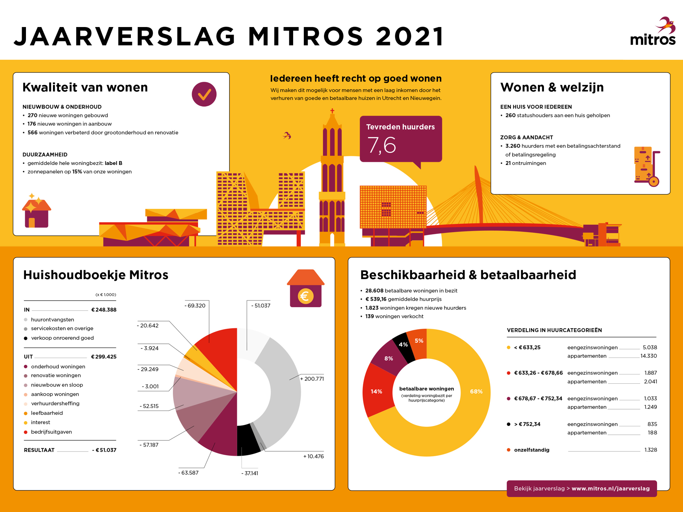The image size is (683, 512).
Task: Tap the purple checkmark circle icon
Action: click(204, 94)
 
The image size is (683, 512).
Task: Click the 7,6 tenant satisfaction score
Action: click(381, 145)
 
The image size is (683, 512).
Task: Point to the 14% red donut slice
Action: click(376, 391)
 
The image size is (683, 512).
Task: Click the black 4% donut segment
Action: click(403, 345)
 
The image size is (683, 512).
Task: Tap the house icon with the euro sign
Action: click(306, 288)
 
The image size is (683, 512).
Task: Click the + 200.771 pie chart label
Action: click(312, 379)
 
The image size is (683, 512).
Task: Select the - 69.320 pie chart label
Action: click(195, 305)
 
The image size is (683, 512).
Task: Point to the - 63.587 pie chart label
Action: click(189, 473)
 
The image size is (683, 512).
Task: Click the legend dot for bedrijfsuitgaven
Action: click(26, 432)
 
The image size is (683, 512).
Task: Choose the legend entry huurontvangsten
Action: click(53, 320)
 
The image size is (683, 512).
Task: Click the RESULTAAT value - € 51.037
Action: click(104, 450)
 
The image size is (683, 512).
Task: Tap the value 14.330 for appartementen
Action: click(648, 356)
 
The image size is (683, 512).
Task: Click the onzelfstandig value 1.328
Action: click(651, 450)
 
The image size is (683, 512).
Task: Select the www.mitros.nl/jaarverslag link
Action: click(610, 489)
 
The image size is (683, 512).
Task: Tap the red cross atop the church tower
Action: click(332, 111)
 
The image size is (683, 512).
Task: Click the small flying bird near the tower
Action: click(287, 135)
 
